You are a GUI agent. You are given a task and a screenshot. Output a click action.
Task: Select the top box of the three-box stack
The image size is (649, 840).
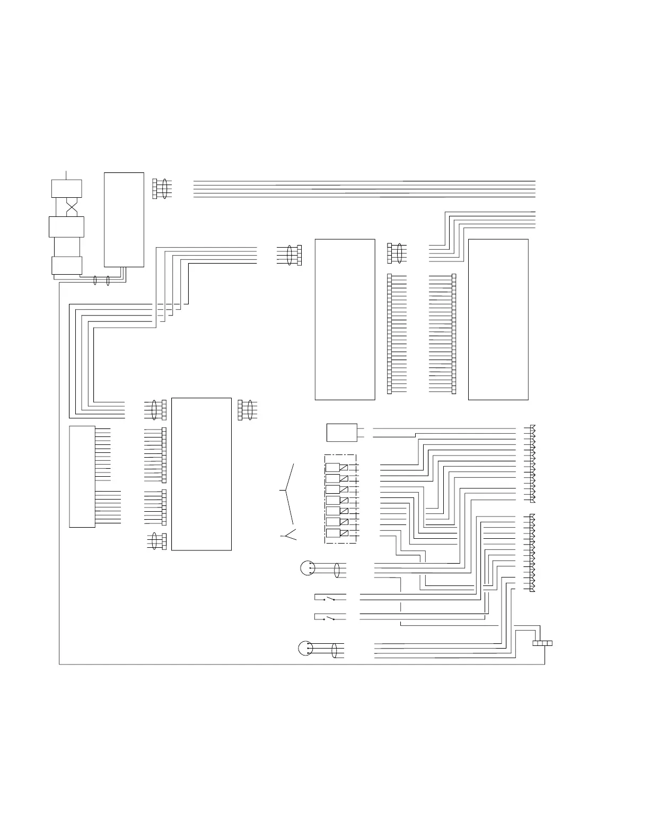click(x=66, y=188)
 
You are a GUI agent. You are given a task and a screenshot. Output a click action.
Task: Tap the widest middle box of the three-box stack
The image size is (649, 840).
click(x=66, y=226)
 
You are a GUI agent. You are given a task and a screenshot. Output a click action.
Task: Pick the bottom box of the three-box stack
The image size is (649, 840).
click(x=67, y=265)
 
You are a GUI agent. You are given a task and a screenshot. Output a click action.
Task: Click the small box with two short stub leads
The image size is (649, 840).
click(x=341, y=432)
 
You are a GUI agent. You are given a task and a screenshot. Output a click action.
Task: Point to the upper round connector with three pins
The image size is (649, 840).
click(x=307, y=568)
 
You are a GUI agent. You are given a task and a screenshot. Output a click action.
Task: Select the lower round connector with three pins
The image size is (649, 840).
click(x=306, y=648)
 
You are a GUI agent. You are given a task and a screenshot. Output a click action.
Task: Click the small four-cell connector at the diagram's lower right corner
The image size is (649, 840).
click(x=542, y=643)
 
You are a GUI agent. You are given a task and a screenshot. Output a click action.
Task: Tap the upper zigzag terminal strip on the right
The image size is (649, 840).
click(x=532, y=463)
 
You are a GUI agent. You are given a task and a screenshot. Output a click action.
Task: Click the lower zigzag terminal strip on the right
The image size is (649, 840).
click(x=532, y=553)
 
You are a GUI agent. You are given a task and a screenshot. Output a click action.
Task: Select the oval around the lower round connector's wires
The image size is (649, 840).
click(x=335, y=650)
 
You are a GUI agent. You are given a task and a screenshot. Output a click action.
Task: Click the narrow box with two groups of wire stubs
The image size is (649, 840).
click(x=82, y=476)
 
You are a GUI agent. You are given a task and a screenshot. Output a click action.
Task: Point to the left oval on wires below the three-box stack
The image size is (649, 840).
click(x=95, y=280)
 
